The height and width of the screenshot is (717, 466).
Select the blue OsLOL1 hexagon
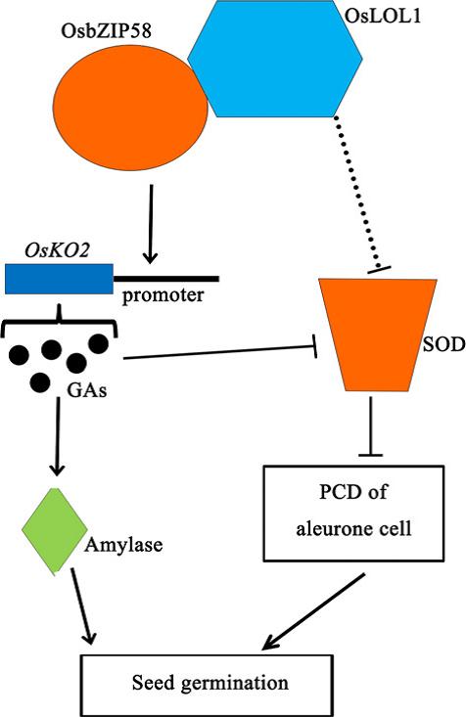275,59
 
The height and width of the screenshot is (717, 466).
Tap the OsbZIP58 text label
106,31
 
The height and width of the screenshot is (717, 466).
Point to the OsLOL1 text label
382,17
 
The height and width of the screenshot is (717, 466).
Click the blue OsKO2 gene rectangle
59,279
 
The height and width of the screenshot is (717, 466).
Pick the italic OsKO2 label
57,250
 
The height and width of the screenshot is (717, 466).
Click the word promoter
163,295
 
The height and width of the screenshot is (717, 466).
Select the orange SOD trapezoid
378,335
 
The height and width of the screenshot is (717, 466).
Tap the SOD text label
443,344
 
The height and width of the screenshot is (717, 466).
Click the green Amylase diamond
55,530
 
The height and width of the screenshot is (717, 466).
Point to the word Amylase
123,545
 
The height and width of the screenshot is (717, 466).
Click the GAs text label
87,390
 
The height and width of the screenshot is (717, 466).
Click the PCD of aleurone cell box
353,514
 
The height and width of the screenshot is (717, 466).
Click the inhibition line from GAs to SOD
220,352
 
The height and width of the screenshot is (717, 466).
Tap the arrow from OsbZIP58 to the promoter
151,224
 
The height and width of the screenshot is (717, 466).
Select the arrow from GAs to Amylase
57,436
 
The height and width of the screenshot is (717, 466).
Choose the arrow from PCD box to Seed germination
313,611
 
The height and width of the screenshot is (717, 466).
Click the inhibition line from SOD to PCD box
370,426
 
